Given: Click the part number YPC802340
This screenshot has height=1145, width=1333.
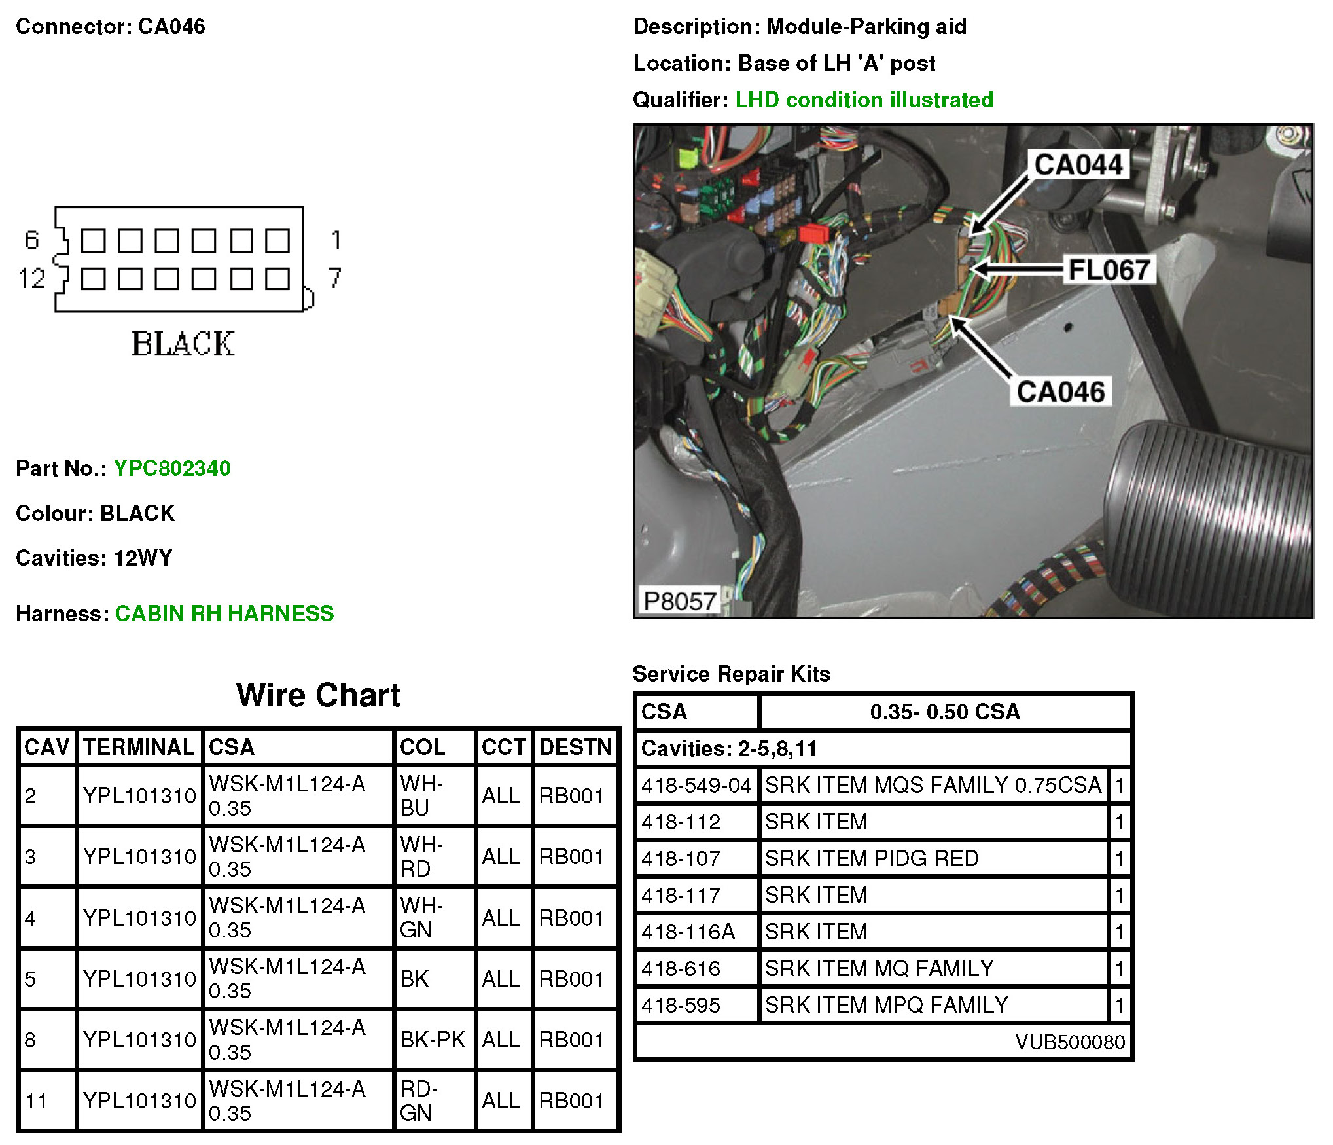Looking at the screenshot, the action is click(x=172, y=468).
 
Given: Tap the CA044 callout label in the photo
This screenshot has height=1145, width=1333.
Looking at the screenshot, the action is click(x=1078, y=164).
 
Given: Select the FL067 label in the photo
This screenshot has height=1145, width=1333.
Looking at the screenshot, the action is click(x=1109, y=270).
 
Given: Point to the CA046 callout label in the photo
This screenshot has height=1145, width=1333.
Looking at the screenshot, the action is click(x=1061, y=391).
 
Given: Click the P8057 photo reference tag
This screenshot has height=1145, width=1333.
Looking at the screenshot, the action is click(x=679, y=601).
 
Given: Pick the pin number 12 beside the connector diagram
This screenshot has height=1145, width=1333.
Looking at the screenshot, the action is click(x=31, y=279).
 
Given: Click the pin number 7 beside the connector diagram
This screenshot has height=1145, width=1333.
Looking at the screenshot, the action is click(x=335, y=278).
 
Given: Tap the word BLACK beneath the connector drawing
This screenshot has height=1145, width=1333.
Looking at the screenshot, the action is click(x=183, y=344).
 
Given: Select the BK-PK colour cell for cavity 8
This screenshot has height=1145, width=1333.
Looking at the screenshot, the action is click(x=433, y=1039).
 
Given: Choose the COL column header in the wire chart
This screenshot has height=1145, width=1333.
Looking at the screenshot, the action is click(x=423, y=747).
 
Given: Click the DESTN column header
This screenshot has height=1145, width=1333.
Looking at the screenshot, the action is click(x=575, y=747).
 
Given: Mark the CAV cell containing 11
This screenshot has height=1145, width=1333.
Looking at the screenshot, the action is click(x=36, y=1100).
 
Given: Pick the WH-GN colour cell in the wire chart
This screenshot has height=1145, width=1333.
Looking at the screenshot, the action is click(x=422, y=917).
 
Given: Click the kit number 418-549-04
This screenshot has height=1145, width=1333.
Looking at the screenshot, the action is click(x=696, y=785).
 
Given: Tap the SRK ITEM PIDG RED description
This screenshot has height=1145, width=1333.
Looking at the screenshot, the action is click(x=872, y=858).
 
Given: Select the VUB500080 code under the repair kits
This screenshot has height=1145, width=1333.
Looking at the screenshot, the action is click(x=1070, y=1042).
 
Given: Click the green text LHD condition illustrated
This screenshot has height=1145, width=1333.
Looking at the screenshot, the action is click(x=864, y=100).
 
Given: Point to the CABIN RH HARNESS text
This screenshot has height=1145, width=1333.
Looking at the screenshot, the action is click(x=224, y=613).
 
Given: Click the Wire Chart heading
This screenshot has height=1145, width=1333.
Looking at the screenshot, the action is click(x=318, y=695).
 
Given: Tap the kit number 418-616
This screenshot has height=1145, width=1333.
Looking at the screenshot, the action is click(x=681, y=968).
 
